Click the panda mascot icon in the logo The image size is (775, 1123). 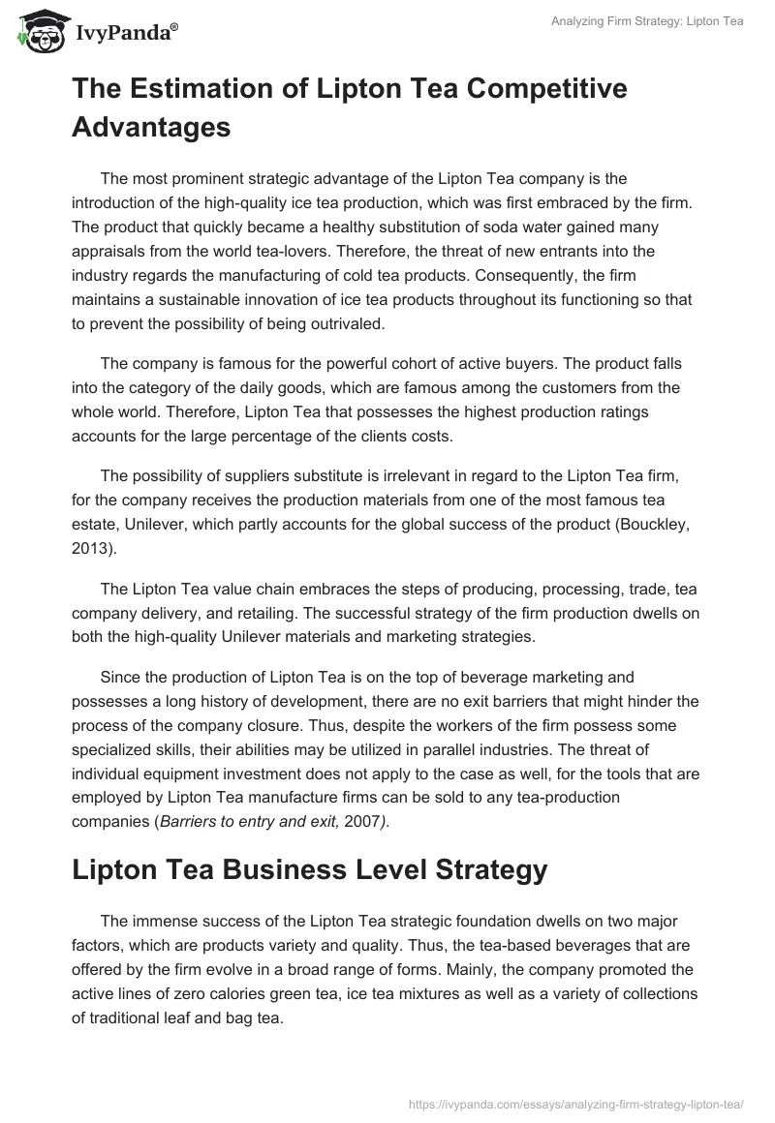39,32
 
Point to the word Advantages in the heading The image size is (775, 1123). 151,126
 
